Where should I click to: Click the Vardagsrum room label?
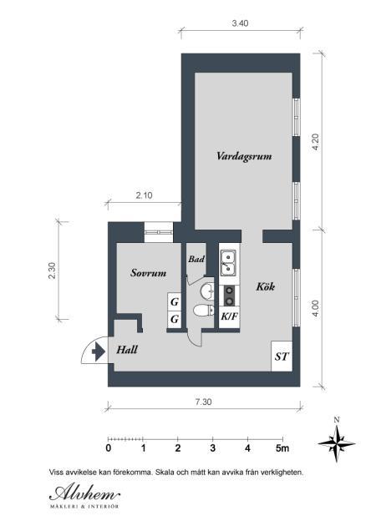click(244, 156)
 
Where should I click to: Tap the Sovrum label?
click(148, 273)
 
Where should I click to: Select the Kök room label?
click(265, 287)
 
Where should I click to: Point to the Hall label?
click(127, 350)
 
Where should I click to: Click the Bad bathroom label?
click(196, 260)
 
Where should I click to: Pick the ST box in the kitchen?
click(282, 357)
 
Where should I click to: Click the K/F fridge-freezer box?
click(229, 316)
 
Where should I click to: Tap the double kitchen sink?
click(228, 263)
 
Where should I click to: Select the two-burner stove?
click(229, 296)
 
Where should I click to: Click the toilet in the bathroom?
click(203, 311)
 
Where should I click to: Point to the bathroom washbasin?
click(207, 291)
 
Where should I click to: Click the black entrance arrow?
click(99, 352)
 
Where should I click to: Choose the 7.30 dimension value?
click(203, 402)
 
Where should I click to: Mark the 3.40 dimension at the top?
click(240, 23)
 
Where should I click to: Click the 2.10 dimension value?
click(144, 195)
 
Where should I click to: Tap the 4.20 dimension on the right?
click(315, 142)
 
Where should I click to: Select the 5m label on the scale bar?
click(282, 448)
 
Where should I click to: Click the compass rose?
click(337, 443)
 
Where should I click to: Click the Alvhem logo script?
click(84, 493)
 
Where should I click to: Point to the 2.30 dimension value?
click(52, 271)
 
